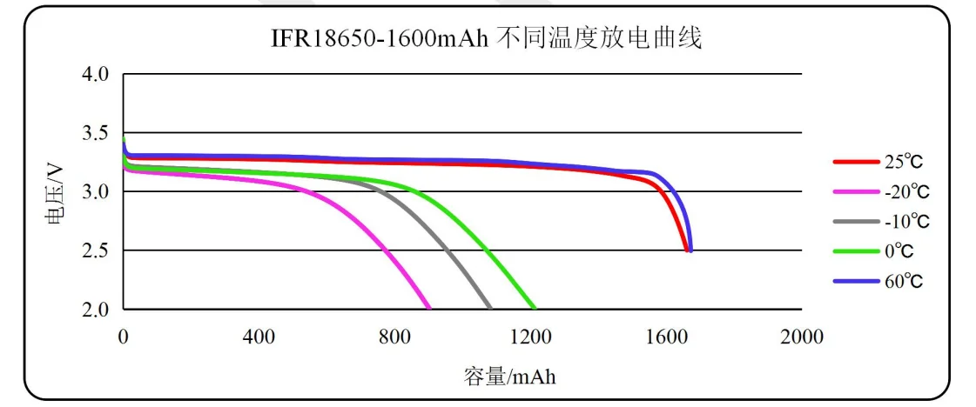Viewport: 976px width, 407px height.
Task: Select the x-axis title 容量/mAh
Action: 509,377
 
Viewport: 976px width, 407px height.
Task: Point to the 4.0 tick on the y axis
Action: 97,75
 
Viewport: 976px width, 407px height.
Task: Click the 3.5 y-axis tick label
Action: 97,133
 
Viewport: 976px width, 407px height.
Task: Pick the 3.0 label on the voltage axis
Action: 97,192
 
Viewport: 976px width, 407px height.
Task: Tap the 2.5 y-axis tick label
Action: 97,250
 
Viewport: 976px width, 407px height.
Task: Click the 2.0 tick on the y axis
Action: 97,310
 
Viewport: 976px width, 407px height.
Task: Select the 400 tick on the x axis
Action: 259,337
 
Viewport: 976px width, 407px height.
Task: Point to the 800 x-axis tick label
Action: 395,337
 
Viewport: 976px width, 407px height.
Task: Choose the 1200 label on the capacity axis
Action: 530,337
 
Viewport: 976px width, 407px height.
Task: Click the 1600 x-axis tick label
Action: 666,337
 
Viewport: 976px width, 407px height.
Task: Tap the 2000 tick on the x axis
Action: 802,337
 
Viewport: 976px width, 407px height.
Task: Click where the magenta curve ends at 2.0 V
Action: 427,307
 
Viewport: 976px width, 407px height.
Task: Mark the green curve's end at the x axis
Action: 534,307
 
